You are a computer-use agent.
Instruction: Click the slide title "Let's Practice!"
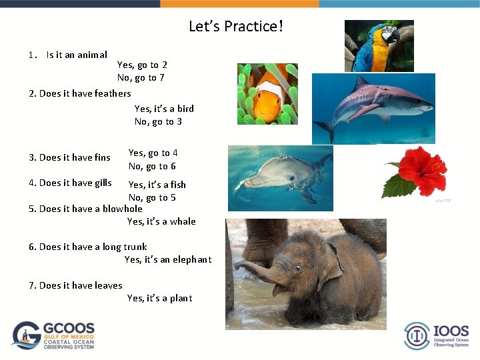pos(236,27)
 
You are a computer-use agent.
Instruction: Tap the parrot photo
pos(378,46)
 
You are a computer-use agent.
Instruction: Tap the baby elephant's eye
pos(297,268)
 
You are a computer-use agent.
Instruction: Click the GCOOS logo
pos(53,335)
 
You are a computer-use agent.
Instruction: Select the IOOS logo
pos(437,335)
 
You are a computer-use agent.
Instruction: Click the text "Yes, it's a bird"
pos(164,109)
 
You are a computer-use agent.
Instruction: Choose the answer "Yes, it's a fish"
pos(157,185)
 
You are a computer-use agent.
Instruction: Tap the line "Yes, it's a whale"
pos(161,221)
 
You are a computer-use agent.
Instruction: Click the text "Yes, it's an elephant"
pos(168,259)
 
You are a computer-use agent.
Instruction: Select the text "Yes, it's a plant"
pos(159,298)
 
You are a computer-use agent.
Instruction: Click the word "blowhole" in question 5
pos(122,209)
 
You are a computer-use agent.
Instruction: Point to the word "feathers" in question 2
pos(113,93)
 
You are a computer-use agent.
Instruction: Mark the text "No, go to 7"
pos(141,78)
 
